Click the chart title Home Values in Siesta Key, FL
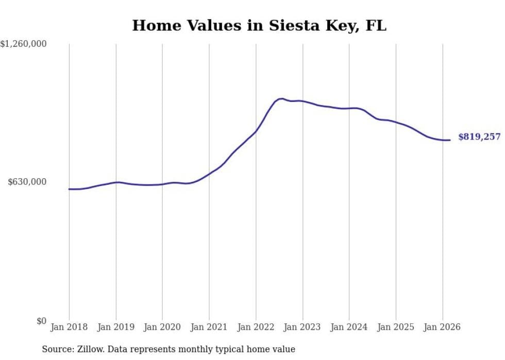click(x=259, y=25)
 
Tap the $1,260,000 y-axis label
click(x=24, y=44)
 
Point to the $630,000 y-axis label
click(x=27, y=182)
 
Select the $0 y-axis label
click(x=41, y=321)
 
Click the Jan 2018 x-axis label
click(x=69, y=327)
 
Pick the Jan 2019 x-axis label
click(x=116, y=327)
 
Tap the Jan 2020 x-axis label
click(x=162, y=327)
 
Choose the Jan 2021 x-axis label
click(x=209, y=327)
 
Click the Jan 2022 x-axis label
click(x=256, y=327)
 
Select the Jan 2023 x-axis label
click(x=302, y=327)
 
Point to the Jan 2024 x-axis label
click(x=349, y=327)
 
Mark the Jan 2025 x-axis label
click(x=396, y=327)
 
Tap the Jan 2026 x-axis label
click(x=443, y=327)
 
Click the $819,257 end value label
click(x=479, y=137)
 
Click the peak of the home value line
click(x=281, y=98)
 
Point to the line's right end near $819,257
click(x=450, y=140)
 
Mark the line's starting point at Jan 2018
click(x=69, y=189)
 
